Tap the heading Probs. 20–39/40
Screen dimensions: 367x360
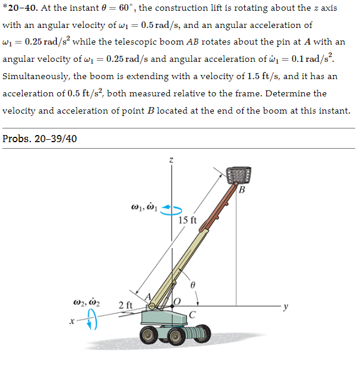click(x=40, y=139)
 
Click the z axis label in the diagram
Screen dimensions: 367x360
click(x=171, y=159)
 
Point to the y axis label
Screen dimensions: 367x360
click(x=286, y=307)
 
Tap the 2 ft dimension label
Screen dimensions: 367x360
click(x=125, y=306)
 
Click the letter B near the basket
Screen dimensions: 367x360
click(x=241, y=190)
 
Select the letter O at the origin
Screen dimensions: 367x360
click(x=176, y=302)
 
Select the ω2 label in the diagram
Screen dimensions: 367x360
click(x=89, y=306)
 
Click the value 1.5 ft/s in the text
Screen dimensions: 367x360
click(x=251, y=77)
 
